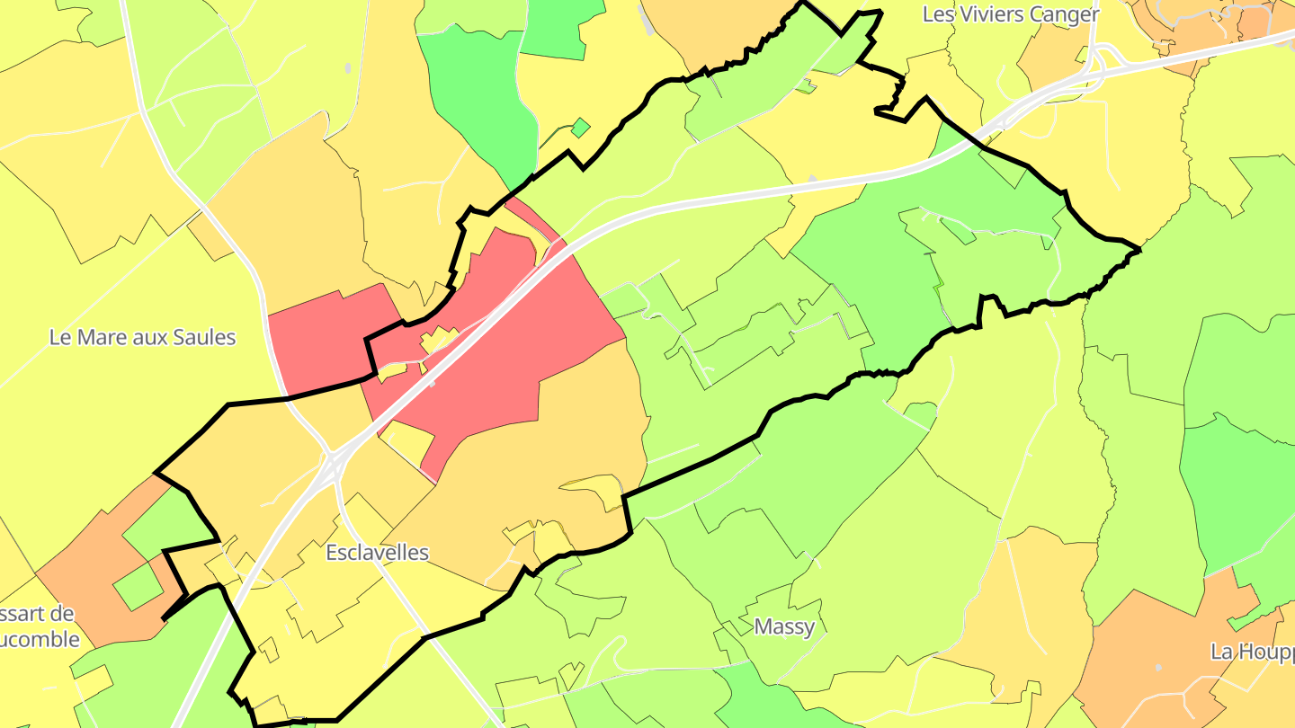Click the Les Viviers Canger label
click(x=1011, y=14)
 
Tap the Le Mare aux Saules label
click(x=142, y=338)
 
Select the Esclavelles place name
click(x=377, y=552)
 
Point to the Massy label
click(x=784, y=626)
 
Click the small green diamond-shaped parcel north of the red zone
click(x=581, y=129)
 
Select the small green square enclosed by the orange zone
click(x=138, y=587)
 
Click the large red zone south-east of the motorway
click(x=522, y=351)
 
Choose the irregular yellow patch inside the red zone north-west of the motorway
click(x=439, y=341)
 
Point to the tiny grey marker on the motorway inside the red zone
click(x=433, y=383)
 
